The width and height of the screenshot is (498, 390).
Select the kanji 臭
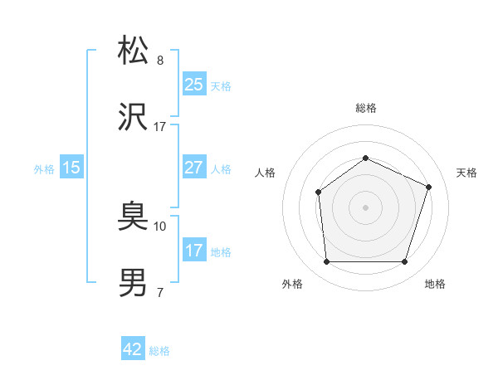pos(134,217)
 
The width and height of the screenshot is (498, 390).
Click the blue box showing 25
pos(194,85)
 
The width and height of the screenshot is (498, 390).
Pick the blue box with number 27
pos(194,168)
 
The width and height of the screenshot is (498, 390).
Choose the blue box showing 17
pos(194,251)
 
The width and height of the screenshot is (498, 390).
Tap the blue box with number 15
pos(71,168)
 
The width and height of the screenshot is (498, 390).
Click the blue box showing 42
pos(133,349)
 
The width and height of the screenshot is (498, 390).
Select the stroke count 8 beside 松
pos(160,61)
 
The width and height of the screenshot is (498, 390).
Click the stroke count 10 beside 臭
pos(160,226)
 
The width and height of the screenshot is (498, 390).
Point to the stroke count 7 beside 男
pos(160,292)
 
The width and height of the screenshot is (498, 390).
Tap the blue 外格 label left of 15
pos(44,168)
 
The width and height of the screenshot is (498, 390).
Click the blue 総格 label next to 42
pos(159,350)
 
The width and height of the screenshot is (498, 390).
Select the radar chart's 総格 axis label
pos(366,108)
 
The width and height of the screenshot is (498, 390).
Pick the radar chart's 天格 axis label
pos(466,173)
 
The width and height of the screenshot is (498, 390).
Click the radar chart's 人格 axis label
pos(266,173)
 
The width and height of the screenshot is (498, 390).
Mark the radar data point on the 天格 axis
pos(429,187)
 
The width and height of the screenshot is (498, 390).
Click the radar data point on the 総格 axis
pos(365,158)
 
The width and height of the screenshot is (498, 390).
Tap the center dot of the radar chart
pos(365,207)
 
